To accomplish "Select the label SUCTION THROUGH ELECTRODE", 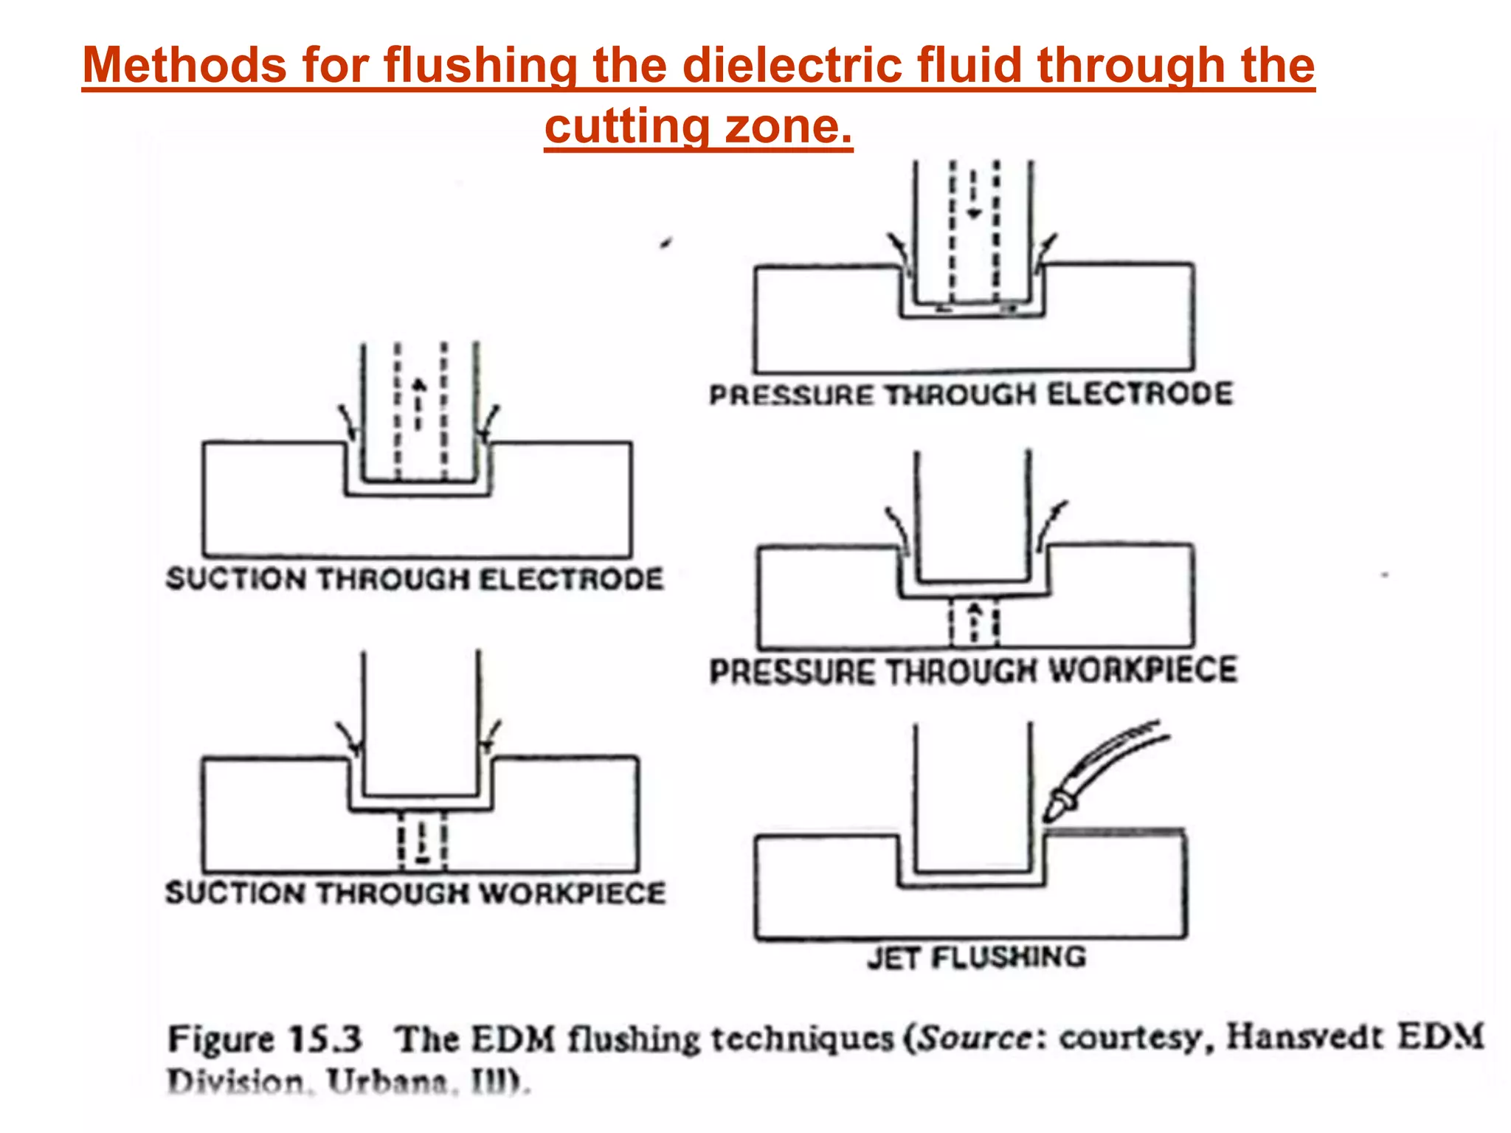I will coord(415,579).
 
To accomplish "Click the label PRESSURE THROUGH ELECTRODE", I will coord(971,395).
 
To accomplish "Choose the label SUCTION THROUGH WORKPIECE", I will coord(415,893).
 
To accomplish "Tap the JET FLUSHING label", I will coord(976,957).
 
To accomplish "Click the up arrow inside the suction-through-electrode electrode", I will coord(419,402).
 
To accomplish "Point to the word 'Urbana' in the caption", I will coord(388,1083).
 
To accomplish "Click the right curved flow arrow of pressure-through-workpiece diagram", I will coord(1051,524).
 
